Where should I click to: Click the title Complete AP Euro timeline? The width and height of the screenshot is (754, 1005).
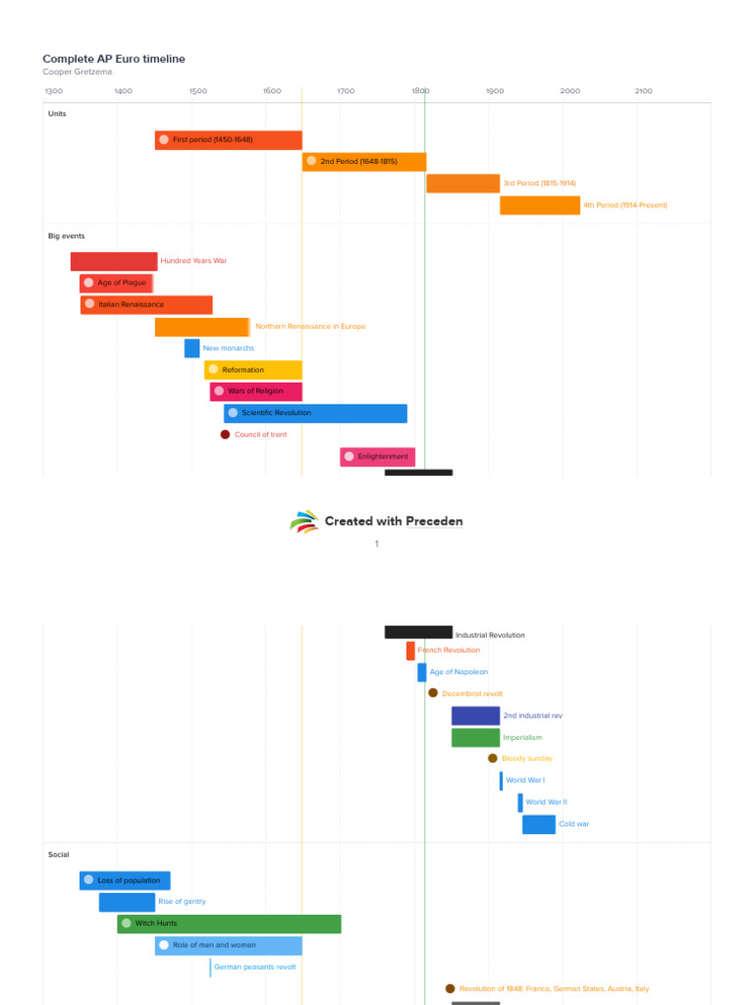[x=113, y=59]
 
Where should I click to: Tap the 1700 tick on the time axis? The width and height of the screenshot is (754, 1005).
[x=346, y=91]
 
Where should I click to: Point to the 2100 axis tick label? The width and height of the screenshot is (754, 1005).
[x=643, y=91]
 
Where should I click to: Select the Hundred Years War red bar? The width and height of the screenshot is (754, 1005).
[x=113, y=261]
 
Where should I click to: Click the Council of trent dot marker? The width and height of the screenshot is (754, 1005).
[x=225, y=435]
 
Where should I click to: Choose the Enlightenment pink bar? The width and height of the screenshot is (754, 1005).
[x=377, y=456]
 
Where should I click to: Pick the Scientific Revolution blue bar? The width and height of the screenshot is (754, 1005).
[x=314, y=413]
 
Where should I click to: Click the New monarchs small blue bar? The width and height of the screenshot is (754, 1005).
[x=191, y=348]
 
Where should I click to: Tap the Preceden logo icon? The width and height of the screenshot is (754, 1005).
[x=304, y=521]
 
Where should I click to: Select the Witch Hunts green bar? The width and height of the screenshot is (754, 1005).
[x=229, y=924]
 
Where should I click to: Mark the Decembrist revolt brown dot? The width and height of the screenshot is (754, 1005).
[x=433, y=693]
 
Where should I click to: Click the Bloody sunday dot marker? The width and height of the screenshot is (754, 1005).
[x=493, y=759]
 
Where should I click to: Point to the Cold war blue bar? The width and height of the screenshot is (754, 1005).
[x=538, y=824]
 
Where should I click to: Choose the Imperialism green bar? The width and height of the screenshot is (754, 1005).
[x=475, y=737]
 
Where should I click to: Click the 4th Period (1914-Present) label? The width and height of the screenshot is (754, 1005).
[x=624, y=205]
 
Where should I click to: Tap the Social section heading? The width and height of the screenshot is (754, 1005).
[x=59, y=855]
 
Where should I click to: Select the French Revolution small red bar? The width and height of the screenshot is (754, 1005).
[x=410, y=651]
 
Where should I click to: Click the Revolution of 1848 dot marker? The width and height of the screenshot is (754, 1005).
[x=450, y=989]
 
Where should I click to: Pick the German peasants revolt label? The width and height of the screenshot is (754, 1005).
[x=254, y=967]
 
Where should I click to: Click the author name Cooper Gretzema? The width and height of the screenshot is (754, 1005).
[x=79, y=72]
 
